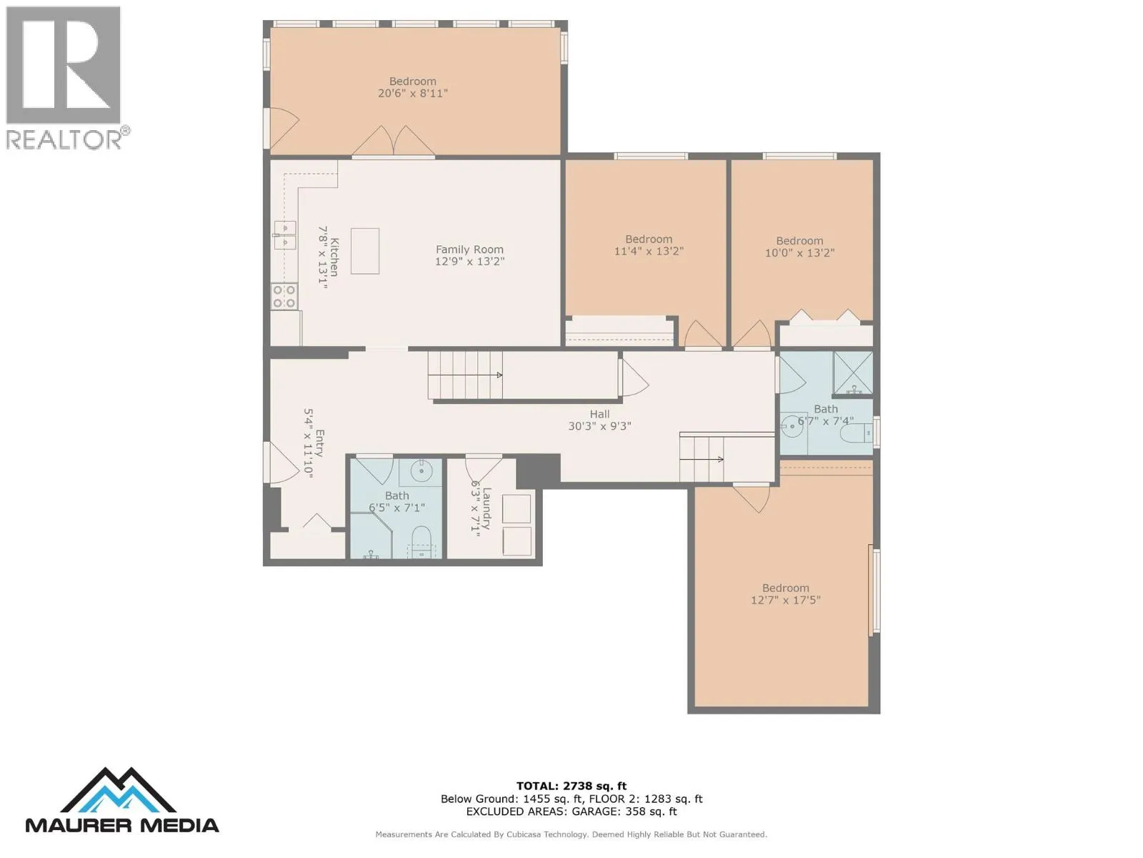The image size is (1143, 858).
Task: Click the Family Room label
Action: click(469, 250)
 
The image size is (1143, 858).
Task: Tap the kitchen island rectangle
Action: click(364, 250)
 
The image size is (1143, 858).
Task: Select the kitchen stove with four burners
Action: click(284, 297)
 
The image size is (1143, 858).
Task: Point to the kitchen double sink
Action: click(285, 235)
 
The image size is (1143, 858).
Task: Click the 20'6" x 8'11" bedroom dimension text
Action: click(412, 93)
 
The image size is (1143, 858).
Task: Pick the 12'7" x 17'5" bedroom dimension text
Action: click(785, 600)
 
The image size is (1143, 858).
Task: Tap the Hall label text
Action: click(599, 414)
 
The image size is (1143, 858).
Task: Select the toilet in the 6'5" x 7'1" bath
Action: click(421, 542)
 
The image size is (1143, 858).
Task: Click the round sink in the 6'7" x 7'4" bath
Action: click(792, 426)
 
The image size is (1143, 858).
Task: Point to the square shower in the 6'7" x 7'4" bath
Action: click(853, 373)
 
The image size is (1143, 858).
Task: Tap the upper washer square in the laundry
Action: click(516, 508)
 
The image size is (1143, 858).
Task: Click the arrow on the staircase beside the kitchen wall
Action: click(465, 375)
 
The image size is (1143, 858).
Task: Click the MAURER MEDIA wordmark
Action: click(122, 825)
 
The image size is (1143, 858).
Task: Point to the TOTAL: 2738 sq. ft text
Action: click(571, 786)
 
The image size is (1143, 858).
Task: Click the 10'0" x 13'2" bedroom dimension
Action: click(799, 253)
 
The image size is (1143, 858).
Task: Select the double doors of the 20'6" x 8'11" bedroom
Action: click(393, 141)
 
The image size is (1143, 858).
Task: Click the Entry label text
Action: click(320, 443)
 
